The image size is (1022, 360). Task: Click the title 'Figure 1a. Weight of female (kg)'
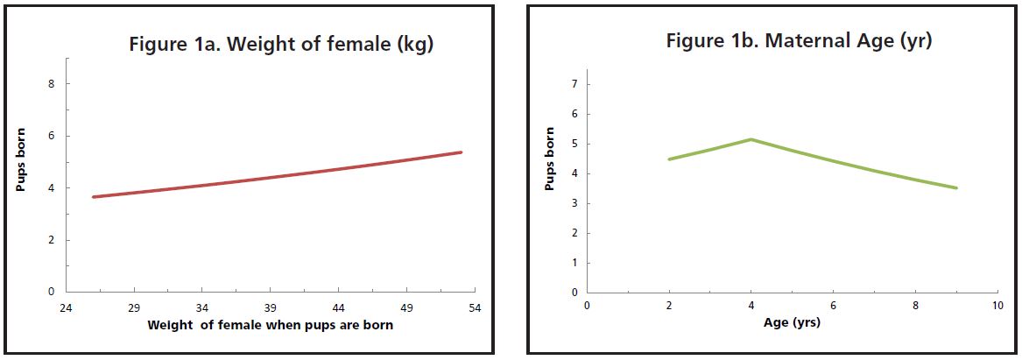coord(281,46)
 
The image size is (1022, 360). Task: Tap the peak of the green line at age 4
coord(751,139)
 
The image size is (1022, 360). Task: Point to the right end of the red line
coord(461,152)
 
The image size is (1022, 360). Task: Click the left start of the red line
coord(94,196)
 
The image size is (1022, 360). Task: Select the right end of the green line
coord(956,187)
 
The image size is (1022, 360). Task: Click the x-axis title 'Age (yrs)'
coord(792,322)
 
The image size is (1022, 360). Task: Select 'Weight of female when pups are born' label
coord(271,325)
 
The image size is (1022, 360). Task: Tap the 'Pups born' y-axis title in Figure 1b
coord(550,159)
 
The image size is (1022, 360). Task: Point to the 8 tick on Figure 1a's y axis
coord(53,84)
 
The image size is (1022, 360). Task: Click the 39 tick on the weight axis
coord(271,308)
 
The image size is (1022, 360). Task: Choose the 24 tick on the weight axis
coord(67,308)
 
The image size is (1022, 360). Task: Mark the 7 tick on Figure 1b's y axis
coord(574,84)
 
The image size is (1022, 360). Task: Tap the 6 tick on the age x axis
coord(833,305)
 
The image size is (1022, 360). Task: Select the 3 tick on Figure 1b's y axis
coord(574,203)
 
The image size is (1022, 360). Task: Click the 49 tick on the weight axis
coord(406,308)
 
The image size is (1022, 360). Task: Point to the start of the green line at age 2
coord(669,159)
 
